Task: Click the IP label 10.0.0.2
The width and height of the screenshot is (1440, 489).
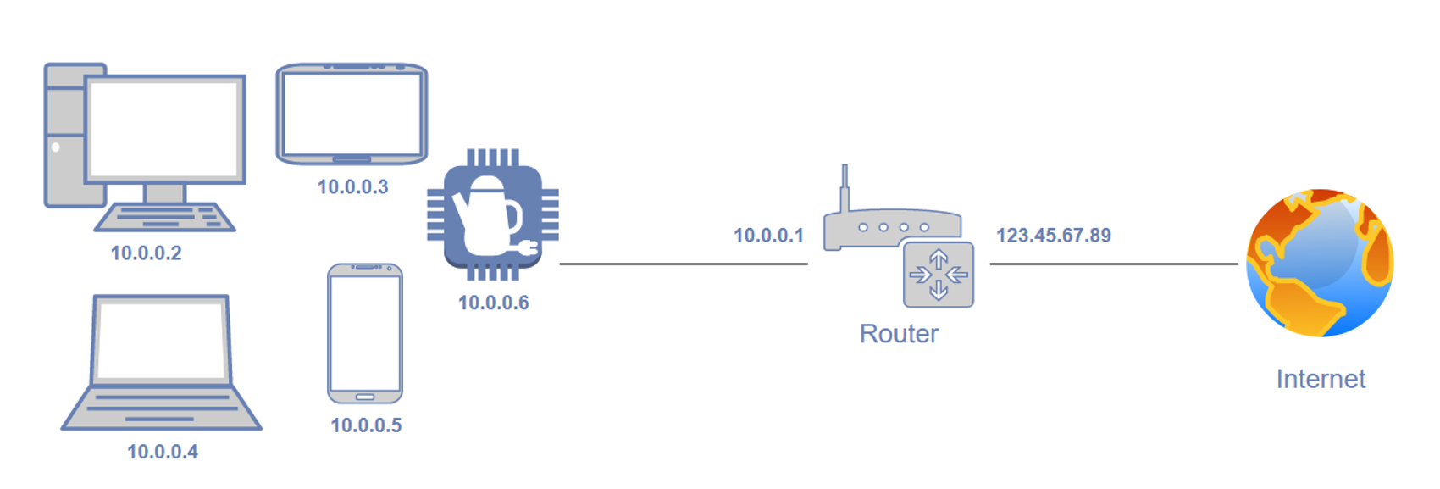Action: point(146,253)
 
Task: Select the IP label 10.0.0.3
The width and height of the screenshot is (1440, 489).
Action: point(352,186)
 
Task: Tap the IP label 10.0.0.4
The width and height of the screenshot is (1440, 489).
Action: point(162,452)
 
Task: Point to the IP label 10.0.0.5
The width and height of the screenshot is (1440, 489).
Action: point(366,425)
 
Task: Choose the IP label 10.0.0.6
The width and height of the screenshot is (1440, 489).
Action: point(493,303)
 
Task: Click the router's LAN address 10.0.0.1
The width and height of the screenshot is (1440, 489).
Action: point(768,236)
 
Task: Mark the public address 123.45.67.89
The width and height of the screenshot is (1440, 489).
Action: point(1053,236)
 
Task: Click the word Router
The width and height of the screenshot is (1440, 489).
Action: point(899,334)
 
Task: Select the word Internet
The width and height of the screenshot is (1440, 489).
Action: point(1321,379)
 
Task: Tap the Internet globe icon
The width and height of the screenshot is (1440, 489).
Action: point(1320,263)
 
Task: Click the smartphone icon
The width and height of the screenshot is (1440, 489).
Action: point(365,334)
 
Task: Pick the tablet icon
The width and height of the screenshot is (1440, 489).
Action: point(352,114)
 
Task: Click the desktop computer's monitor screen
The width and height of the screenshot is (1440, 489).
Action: point(164,129)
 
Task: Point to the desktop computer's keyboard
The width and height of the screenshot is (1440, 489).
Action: point(164,217)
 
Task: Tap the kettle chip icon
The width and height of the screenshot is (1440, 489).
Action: point(492,214)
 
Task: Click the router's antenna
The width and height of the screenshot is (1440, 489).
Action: point(845,187)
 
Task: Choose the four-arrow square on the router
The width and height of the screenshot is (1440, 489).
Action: point(939,275)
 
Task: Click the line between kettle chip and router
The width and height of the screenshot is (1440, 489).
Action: point(684,264)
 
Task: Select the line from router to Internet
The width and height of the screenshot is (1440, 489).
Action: point(1114,264)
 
